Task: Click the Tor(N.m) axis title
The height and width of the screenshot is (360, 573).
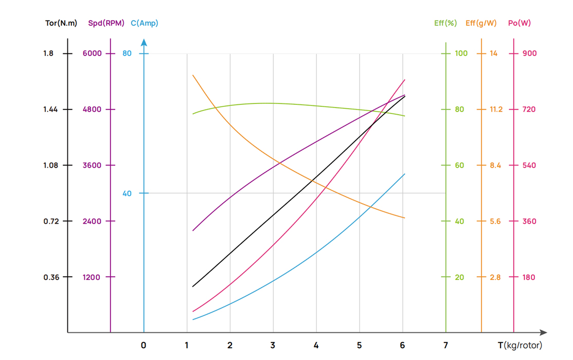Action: pos(61,23)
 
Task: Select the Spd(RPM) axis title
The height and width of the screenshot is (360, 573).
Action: pos(106,23)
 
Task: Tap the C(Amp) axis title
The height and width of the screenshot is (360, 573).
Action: pos(145,23)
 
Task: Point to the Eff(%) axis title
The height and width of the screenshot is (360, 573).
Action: pos(445,23)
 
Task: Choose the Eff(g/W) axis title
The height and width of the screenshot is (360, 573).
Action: pos(481,23)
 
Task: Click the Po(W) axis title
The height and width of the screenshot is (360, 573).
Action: pos(519,23)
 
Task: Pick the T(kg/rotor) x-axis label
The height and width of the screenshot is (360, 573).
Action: pos(520,345)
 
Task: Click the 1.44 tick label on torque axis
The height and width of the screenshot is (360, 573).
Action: pos(50,110)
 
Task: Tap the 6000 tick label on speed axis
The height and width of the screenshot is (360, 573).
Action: pos(92,53)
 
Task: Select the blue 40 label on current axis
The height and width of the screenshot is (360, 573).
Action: pos(127,193)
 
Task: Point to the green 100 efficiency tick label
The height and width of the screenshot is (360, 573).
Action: pos(461,53)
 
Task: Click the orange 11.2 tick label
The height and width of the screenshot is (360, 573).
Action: pos(496,110)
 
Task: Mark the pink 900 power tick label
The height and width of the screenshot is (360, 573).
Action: pos(529,53)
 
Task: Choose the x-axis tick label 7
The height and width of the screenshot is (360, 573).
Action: pos(445,346)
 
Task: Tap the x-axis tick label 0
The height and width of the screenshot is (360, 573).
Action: pos(144,346)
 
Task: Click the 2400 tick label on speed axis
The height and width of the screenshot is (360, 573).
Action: pos(92,221)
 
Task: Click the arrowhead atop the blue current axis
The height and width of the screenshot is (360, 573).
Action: pos(144,43)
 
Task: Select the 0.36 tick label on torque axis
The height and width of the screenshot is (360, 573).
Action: pos(50,277)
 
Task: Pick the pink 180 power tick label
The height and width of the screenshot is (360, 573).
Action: pos(529,277)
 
